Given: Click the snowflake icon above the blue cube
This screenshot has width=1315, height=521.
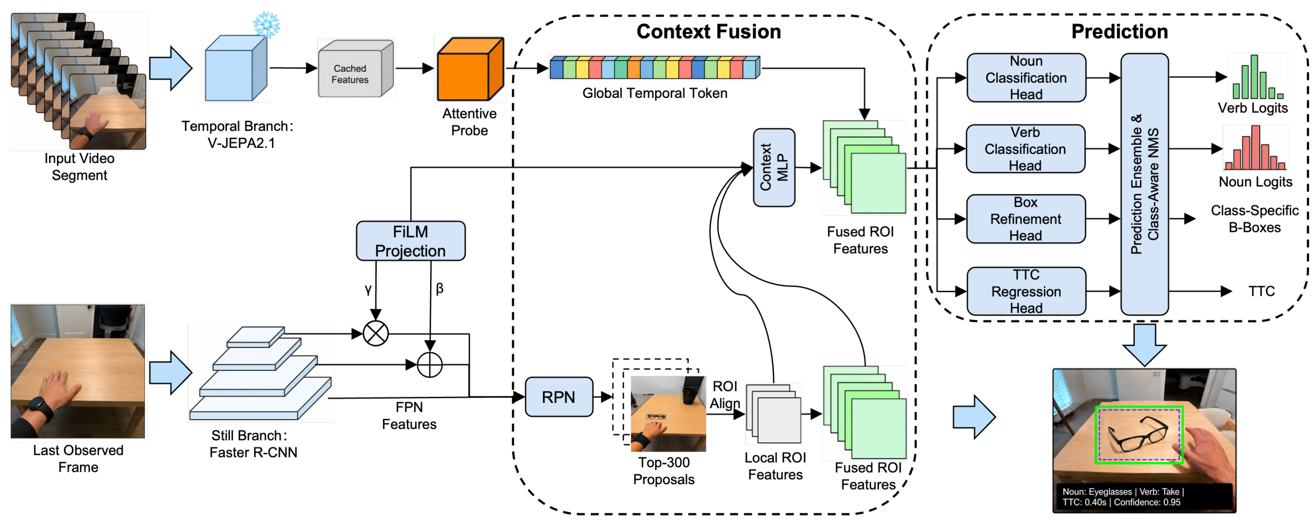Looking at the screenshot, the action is (x=266, y=24).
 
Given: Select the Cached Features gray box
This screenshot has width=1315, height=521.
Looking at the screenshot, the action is (x=355, y=69).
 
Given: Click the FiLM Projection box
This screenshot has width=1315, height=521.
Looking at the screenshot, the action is (x=410, y=241).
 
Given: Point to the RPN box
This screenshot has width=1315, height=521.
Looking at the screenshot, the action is (x=559, y=396).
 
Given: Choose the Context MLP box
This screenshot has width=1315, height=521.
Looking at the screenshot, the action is (x=774, y=167).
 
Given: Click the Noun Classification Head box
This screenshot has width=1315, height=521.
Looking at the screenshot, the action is (x=1026, y=78).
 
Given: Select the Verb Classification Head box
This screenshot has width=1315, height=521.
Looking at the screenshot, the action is (x=1026, y=148).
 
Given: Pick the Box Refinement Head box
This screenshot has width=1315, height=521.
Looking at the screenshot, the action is (x=1026, y=219).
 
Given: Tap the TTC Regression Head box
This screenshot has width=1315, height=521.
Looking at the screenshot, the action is (x=1026, y=291).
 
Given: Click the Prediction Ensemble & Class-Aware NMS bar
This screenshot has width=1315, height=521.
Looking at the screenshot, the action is (x=1145, y=184).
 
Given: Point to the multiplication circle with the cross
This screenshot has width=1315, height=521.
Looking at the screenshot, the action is (x=376, y=334).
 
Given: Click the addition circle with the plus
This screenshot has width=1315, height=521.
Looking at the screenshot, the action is (x=430, y=365).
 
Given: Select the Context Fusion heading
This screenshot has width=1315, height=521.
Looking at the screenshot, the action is (x=709, y=32).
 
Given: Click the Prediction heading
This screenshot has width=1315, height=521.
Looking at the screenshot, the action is (x=1119, y=32).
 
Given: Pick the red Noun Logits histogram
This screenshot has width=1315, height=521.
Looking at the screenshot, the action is (x=1256, y=147).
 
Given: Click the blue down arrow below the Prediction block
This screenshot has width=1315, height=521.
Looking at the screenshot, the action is (x=1145, y=345).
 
